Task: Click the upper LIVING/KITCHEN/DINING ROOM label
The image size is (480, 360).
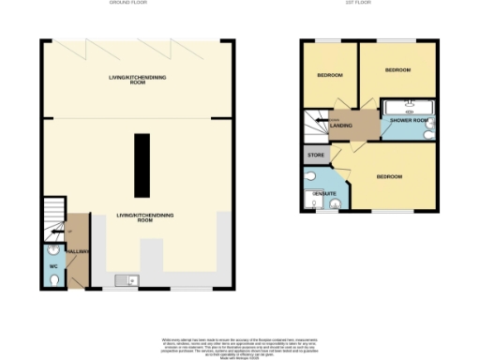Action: point(137,81)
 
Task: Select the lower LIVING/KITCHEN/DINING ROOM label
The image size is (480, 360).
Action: point(133,217)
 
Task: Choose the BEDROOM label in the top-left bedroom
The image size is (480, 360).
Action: point(329,75)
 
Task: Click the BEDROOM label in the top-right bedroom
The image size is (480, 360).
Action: point(398,69)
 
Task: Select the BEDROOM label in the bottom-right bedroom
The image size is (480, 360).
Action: point(389,177)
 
